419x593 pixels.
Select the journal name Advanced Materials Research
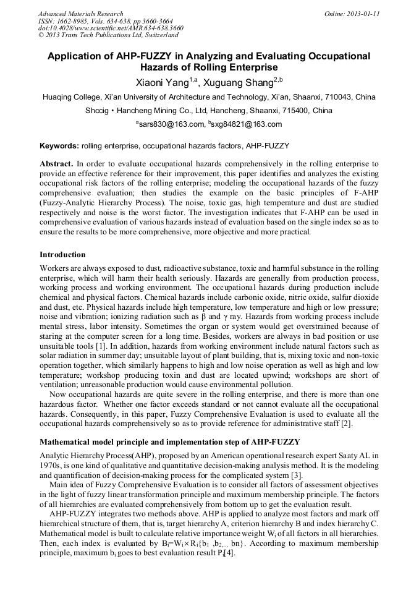(80, 14)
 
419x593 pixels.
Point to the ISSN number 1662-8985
(78, 21)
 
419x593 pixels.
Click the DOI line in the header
(111, 28)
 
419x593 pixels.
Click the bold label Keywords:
(59, 146)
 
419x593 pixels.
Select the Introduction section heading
(62, 255)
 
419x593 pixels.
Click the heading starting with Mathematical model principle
(169, 442)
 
